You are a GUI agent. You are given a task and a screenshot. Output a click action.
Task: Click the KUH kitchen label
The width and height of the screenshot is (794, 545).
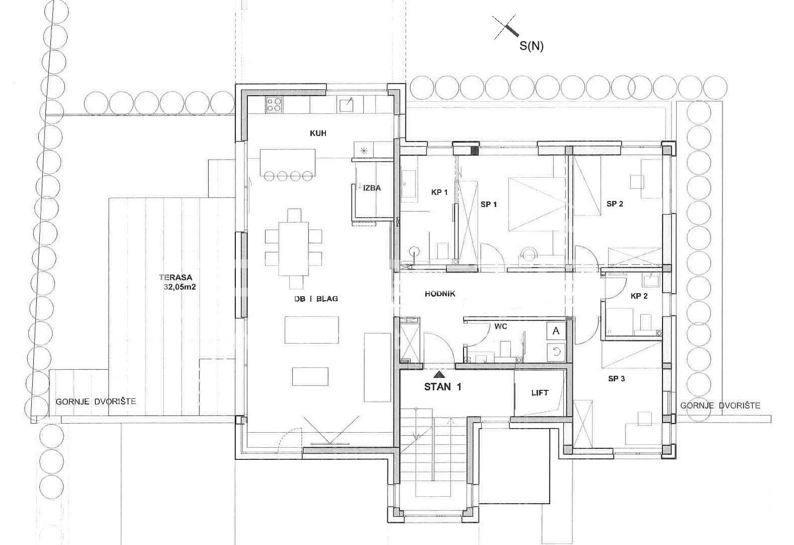[318, 133]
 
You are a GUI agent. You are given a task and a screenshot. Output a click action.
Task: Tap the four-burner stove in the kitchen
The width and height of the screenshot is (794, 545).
[275, 105]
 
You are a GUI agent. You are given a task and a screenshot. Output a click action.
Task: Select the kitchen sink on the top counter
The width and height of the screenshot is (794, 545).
[346, 105]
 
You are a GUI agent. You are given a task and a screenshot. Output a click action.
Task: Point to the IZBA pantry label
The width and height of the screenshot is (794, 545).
[372, 188]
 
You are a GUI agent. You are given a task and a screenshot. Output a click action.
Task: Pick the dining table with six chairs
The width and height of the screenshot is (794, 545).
[294, 249]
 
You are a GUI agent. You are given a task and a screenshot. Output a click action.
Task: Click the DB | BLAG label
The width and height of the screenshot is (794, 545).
[316, 299]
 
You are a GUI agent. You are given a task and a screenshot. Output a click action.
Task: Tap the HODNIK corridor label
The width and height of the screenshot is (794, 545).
[440, 294]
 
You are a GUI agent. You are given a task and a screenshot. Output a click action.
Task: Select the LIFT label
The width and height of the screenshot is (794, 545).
[540, 392]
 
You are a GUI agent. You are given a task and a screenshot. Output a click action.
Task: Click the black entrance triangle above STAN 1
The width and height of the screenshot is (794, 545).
[439, 374]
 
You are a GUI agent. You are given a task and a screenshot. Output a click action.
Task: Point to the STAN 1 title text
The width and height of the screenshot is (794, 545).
[443, 387]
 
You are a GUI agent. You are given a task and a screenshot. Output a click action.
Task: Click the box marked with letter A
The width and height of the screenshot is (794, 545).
[556, 331]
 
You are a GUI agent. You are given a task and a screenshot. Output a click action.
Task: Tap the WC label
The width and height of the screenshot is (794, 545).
[500, 326]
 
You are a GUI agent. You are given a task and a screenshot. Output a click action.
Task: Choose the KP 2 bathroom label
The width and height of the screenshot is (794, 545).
[639, 296]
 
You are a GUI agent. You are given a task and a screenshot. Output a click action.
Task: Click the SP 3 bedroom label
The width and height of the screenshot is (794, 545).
[617, 378]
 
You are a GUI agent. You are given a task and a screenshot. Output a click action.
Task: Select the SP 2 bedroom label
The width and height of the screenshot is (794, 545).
[615, 204]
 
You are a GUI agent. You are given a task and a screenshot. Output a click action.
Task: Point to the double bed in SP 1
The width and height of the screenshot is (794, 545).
[537, 205]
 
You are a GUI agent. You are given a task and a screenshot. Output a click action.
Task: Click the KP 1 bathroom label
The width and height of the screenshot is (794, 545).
[439, 192]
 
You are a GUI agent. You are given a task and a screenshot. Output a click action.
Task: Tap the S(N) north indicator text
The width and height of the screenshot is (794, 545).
[532, 46]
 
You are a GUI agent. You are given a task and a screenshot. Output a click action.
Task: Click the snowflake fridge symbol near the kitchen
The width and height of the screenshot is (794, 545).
[364, 151]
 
